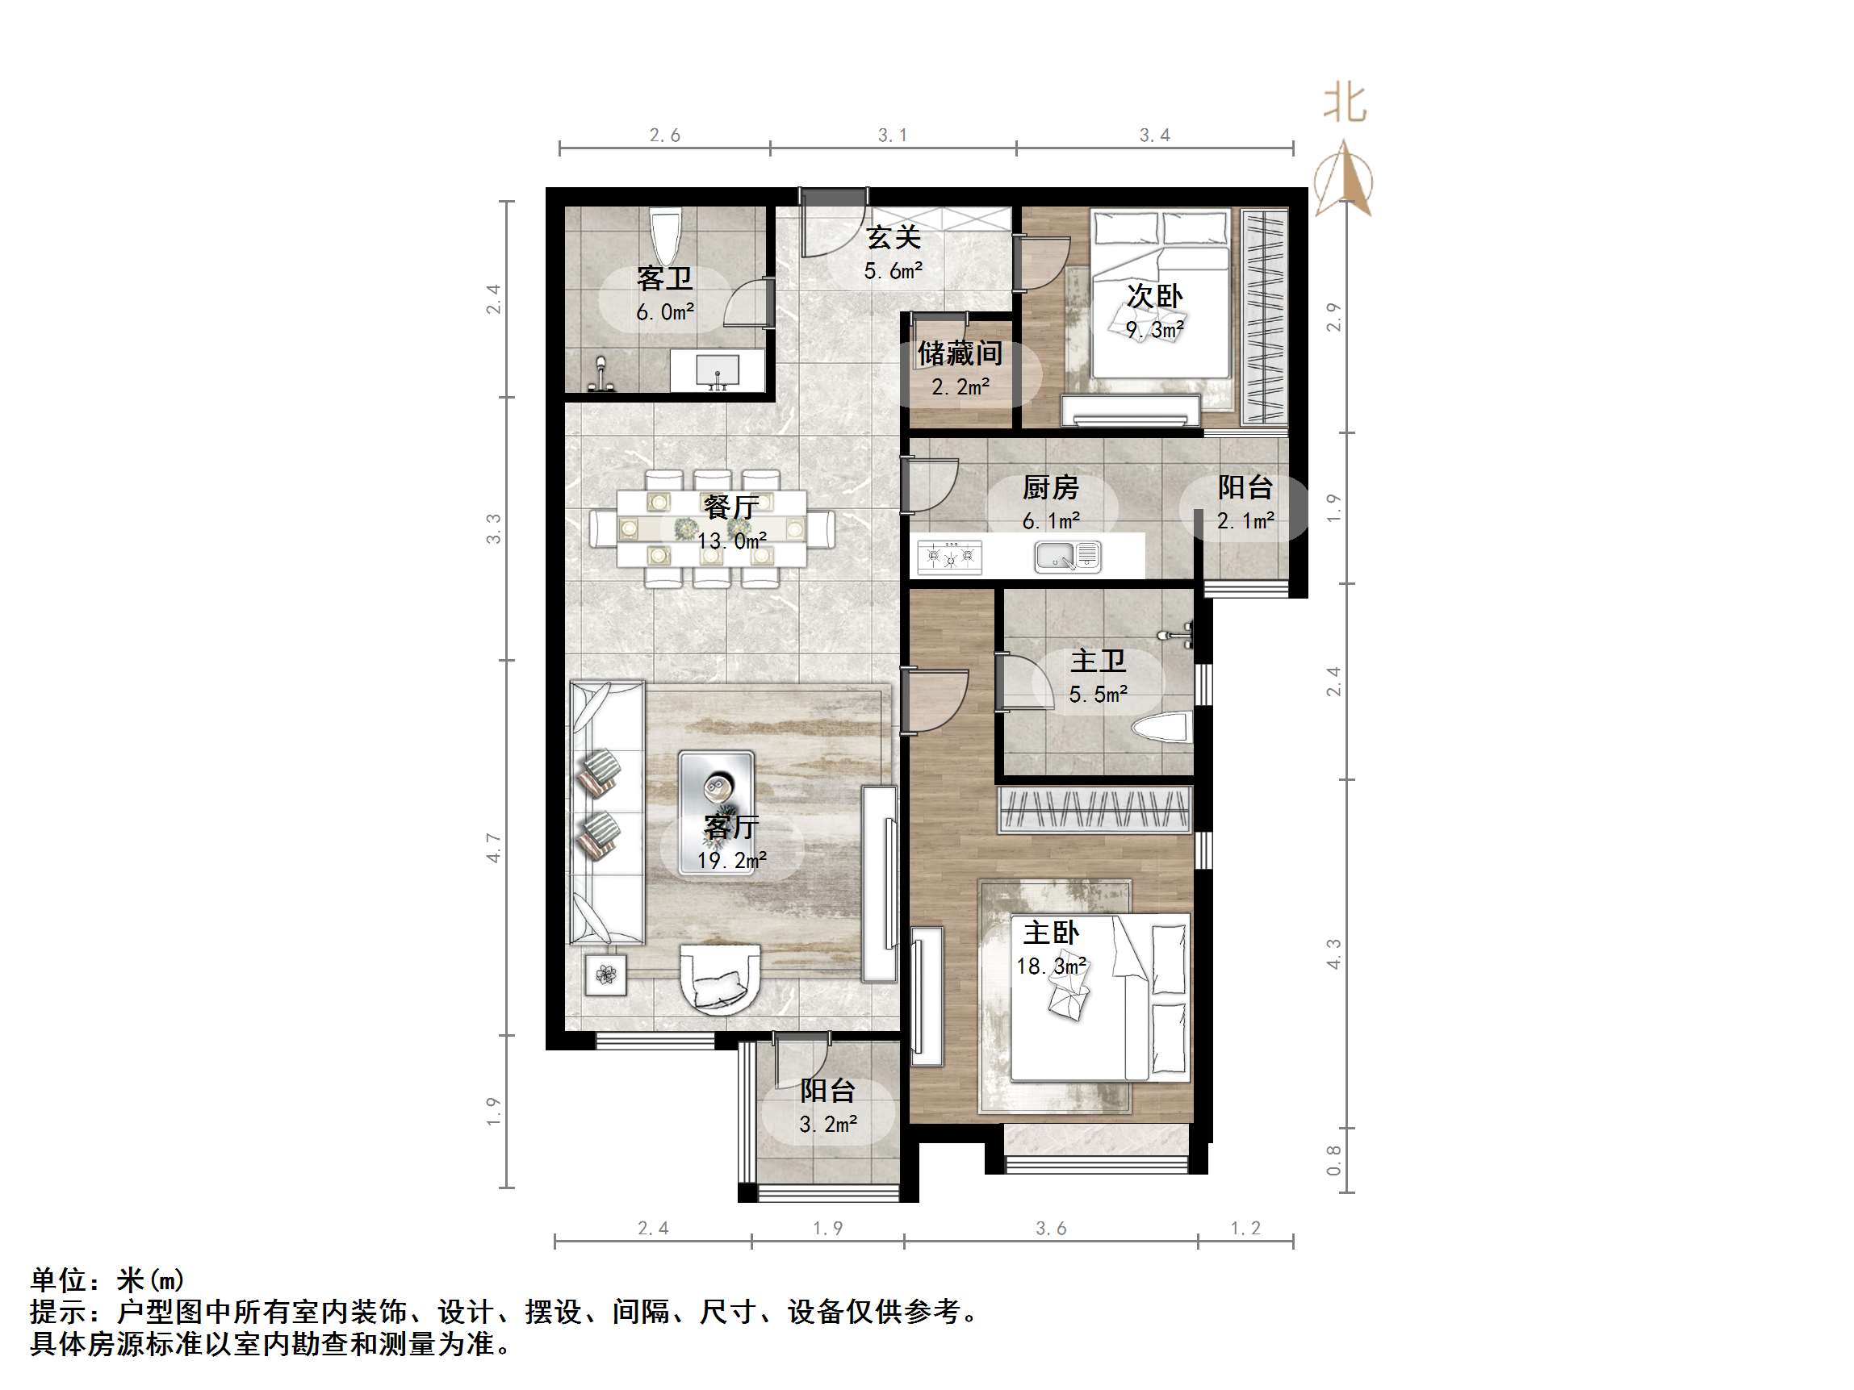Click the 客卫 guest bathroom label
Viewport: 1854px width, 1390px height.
pos(663,278)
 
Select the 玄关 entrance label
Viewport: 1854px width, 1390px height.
pos(894,238)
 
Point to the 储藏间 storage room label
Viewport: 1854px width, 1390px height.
pos(960,353)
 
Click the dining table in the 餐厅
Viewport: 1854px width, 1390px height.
pos(712,528)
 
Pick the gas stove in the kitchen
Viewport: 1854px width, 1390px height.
pos(950,557)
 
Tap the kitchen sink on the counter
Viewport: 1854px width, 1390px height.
pos(1067,557)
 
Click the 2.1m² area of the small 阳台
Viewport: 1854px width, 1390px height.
pos(1245,521)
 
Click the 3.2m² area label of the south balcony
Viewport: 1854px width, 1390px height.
pos(828,1125)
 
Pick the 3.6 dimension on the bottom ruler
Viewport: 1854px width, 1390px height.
pos(1051,1229)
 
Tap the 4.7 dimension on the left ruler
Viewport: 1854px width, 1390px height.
pos(494,847)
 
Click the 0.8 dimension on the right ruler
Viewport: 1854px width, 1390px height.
pos(1333,1160)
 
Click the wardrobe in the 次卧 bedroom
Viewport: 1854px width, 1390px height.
pos(1264,318)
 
